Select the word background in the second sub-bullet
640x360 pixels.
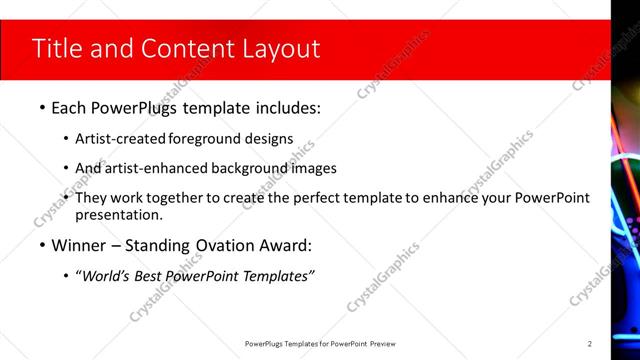[266, 168]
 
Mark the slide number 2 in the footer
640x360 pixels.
[590, 343]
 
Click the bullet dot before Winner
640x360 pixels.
[42, 245]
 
